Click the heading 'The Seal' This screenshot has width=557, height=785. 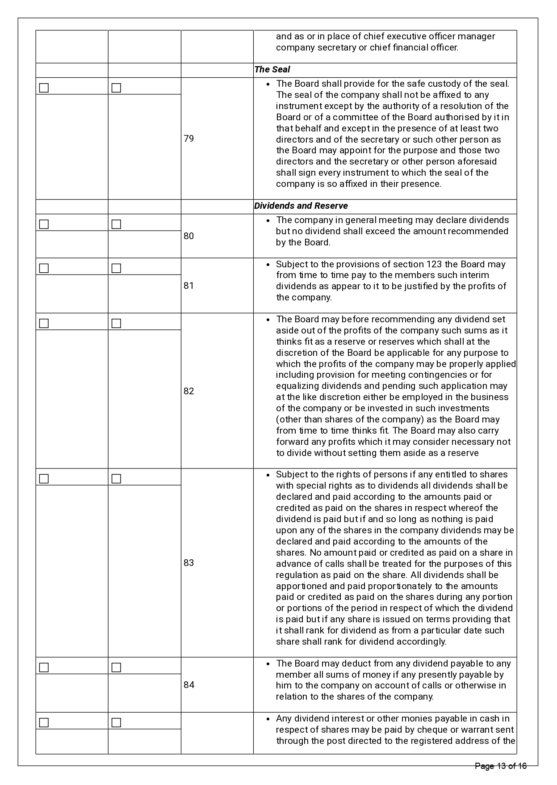click(x=272, y=70)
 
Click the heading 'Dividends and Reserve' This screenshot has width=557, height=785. click(x=301, y=206)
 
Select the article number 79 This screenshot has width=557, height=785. click(x=189, y=139)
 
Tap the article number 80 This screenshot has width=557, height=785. click(x=189, y=236)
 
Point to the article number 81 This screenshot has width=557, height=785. click(x=189, y=286)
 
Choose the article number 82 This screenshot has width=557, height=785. click(x=189, y=391)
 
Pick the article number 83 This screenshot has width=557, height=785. click(x=189, y=563)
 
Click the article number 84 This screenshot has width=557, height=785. click(x=189, y=685)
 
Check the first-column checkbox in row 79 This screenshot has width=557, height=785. click(x=44, y=88)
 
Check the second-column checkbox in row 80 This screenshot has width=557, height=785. click(x=116, y=224)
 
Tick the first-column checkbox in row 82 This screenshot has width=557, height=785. click(x=44, y=324)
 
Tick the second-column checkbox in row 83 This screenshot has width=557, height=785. click(x=116, y=479)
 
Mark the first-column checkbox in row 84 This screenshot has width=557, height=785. click(x=44, y=668)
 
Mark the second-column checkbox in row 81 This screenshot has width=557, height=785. click(x=116, y=269)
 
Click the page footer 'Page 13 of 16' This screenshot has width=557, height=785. click(x=501, y=766)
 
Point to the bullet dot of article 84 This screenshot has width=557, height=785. click(x=268, y=664)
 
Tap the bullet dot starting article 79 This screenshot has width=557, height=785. click(x=268, y=84)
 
